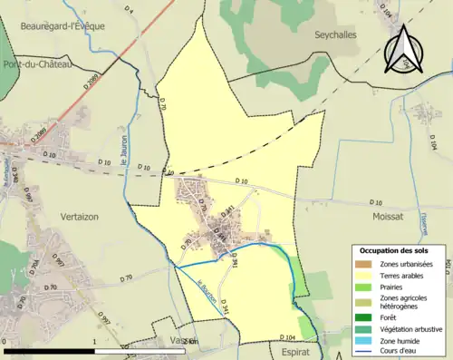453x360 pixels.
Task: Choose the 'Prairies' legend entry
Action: point(395,287)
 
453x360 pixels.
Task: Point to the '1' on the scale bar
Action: point(94,342)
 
